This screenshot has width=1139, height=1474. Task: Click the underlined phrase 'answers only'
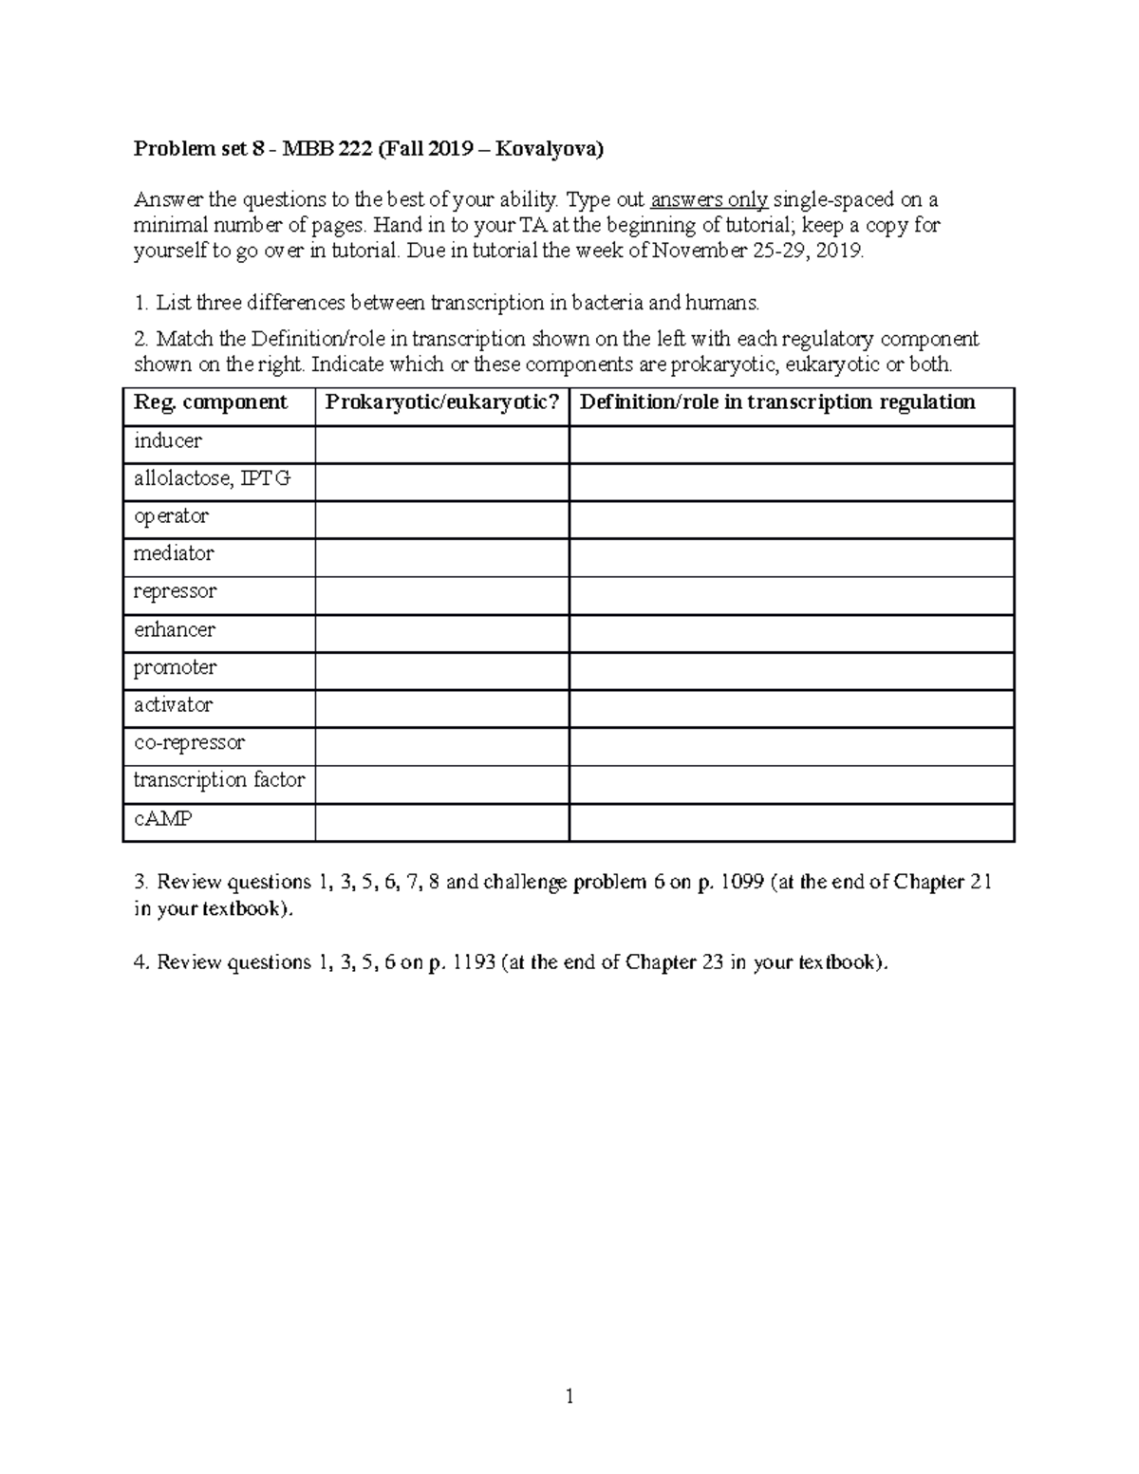point(709,200)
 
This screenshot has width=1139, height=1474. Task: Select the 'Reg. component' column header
point(211,402)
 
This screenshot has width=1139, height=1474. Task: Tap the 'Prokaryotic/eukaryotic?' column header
point(442,402)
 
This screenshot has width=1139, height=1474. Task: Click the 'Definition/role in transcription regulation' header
point(777,402)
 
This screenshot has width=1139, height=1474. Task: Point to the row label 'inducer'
point(168,441)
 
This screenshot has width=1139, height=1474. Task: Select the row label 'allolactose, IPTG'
point(212,479)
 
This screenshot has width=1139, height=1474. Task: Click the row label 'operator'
point(171,516)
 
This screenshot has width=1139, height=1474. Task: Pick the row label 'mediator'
point(174,553)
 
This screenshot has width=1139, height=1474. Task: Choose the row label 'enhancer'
point(174,629)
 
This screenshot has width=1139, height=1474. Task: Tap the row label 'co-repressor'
point(189,742)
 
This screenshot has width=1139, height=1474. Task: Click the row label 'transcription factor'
point(219,780)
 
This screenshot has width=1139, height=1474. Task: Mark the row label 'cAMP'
point(163,818)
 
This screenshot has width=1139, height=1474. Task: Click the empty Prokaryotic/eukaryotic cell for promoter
point(442,671)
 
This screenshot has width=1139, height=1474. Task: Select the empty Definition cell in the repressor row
point(792,596)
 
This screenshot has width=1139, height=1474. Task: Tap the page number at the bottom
point(569,1396)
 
